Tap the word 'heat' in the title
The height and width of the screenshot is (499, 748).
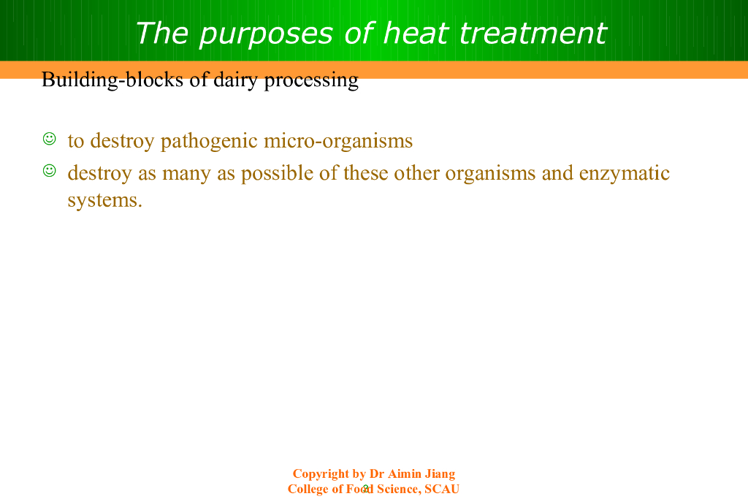[x=415, y=34]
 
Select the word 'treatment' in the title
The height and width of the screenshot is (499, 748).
[x=533, y=34]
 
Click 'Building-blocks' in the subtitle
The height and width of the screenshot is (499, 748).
[x=112, y=80]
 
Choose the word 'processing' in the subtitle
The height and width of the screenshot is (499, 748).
[x=311, y=80]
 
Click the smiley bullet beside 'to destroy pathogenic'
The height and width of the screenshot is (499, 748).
[x=49, y=139]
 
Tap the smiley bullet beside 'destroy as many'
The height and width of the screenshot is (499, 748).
[x=49, y=170]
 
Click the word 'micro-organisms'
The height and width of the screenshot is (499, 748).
[x=338, y=141]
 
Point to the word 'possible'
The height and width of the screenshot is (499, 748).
[x=277, y=173]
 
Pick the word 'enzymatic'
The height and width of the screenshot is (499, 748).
[x=625, y=173]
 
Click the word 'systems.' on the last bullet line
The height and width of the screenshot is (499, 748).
[x=105, y=200]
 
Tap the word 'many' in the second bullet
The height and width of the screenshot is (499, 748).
[x=186, y=175]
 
